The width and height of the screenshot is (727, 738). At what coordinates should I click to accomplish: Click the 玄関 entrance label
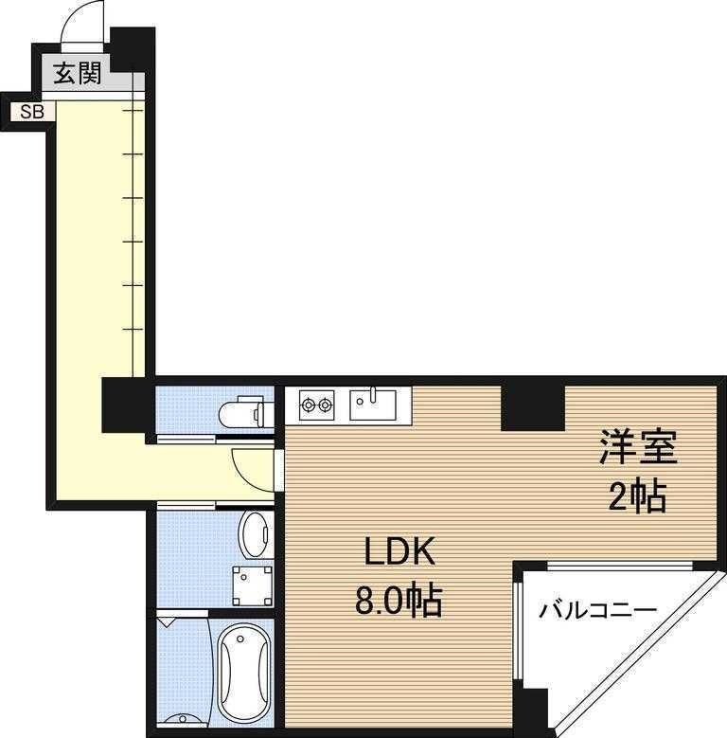[77, 74]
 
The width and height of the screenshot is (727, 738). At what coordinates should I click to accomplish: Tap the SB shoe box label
[32, 112]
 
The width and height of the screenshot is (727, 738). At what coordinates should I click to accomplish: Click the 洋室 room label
[637, 448]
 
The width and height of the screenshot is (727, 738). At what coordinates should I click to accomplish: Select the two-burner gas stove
[316, 406]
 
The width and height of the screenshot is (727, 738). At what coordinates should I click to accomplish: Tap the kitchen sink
[376, 405]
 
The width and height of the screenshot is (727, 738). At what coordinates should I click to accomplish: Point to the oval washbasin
[255, 534]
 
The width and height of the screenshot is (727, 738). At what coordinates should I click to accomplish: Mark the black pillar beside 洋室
[532, 405]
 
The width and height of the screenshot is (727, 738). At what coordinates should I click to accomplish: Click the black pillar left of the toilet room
[127, 403]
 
